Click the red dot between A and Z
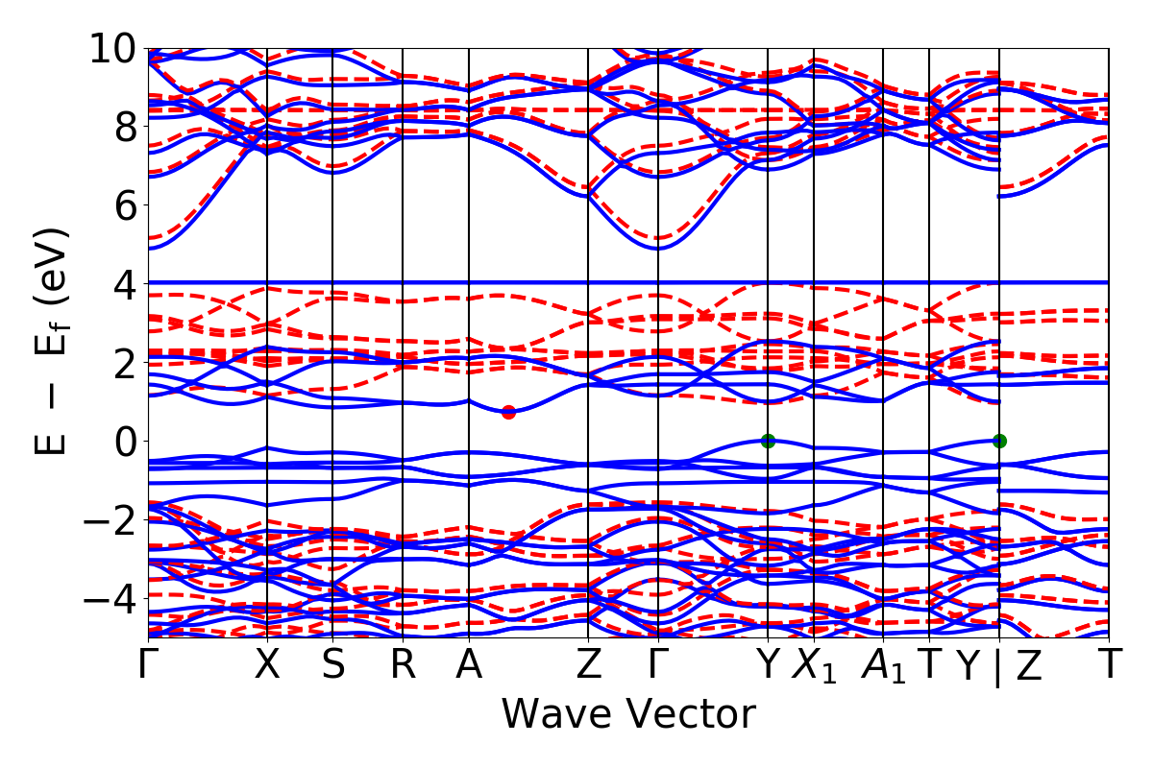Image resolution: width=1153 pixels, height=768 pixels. [x=508, y=412]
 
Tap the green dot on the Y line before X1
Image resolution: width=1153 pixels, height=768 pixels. [x=768, y=441]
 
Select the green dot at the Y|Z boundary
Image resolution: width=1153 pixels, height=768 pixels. [x=999, y=441]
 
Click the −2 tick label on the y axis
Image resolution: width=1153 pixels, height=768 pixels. [x=107, y=520]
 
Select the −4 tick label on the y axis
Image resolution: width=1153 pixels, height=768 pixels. [x=107, y=599]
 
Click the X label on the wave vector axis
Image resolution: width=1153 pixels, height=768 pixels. [x=266, y=665]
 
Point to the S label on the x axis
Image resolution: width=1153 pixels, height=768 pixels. [x=332, y=665]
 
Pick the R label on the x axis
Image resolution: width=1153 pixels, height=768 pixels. [x=403, y=665]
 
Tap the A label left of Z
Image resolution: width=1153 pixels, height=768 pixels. [x=469, y=665]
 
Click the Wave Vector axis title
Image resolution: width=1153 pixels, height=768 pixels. [x=628, y=714]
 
